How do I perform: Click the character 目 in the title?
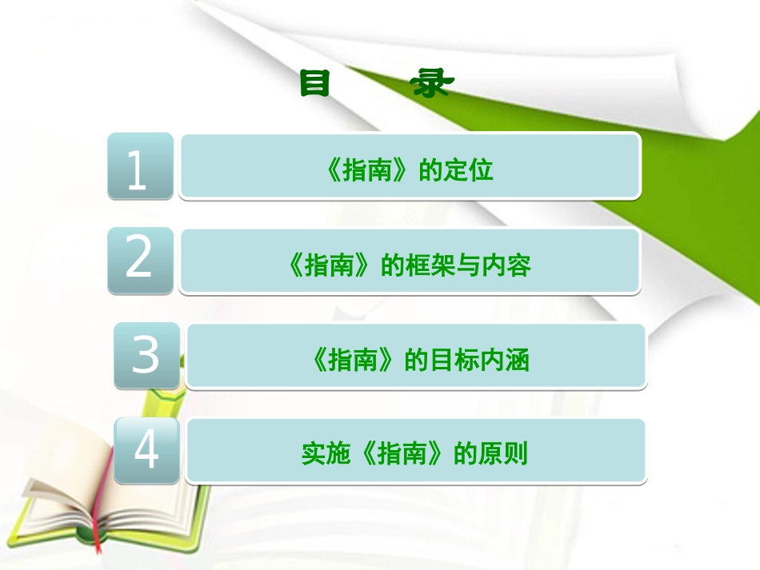coord(315,84)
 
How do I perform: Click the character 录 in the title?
coord(432,84)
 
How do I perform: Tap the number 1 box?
coord(140,165)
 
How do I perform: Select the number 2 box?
coord(140,260)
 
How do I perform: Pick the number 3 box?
coord(146,355)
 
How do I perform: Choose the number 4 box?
coord(146,449)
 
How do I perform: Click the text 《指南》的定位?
coord(410,170)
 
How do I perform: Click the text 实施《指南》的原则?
coord(414,455)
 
